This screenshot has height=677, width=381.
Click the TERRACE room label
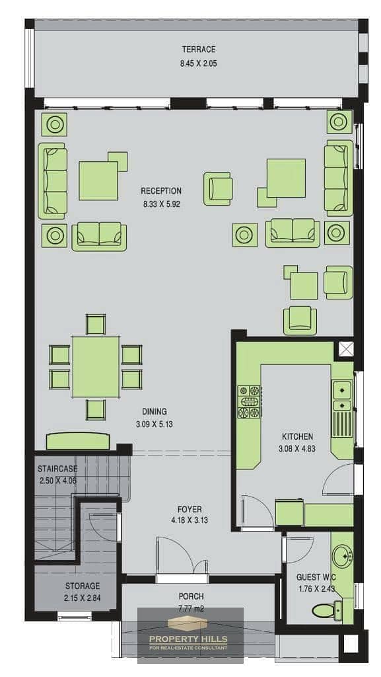(198, 49)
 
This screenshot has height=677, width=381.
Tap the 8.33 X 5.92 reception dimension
(161, 204)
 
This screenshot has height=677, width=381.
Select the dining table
(96, 367)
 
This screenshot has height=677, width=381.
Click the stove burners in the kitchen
(249, 402)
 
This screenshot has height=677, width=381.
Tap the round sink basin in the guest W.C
(343, 553)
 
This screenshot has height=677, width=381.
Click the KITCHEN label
(297, 436)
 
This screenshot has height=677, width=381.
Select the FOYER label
(190, 510)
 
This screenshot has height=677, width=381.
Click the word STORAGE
(83, 586)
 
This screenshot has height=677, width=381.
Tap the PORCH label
(191, 596)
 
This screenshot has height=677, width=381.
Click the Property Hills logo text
(188, 639)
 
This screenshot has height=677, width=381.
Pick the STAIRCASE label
(57, 469)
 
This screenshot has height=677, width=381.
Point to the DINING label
(155, 411)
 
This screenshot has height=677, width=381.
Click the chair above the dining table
(96, 325)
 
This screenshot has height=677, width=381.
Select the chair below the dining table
(96, 409)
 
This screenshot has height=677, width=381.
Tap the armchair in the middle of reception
(218, 188)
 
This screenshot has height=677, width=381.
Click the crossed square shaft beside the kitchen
(345, 349)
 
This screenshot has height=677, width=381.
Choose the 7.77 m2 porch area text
(191, 610)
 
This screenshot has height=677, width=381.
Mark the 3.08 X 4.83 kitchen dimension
(297, 449)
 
